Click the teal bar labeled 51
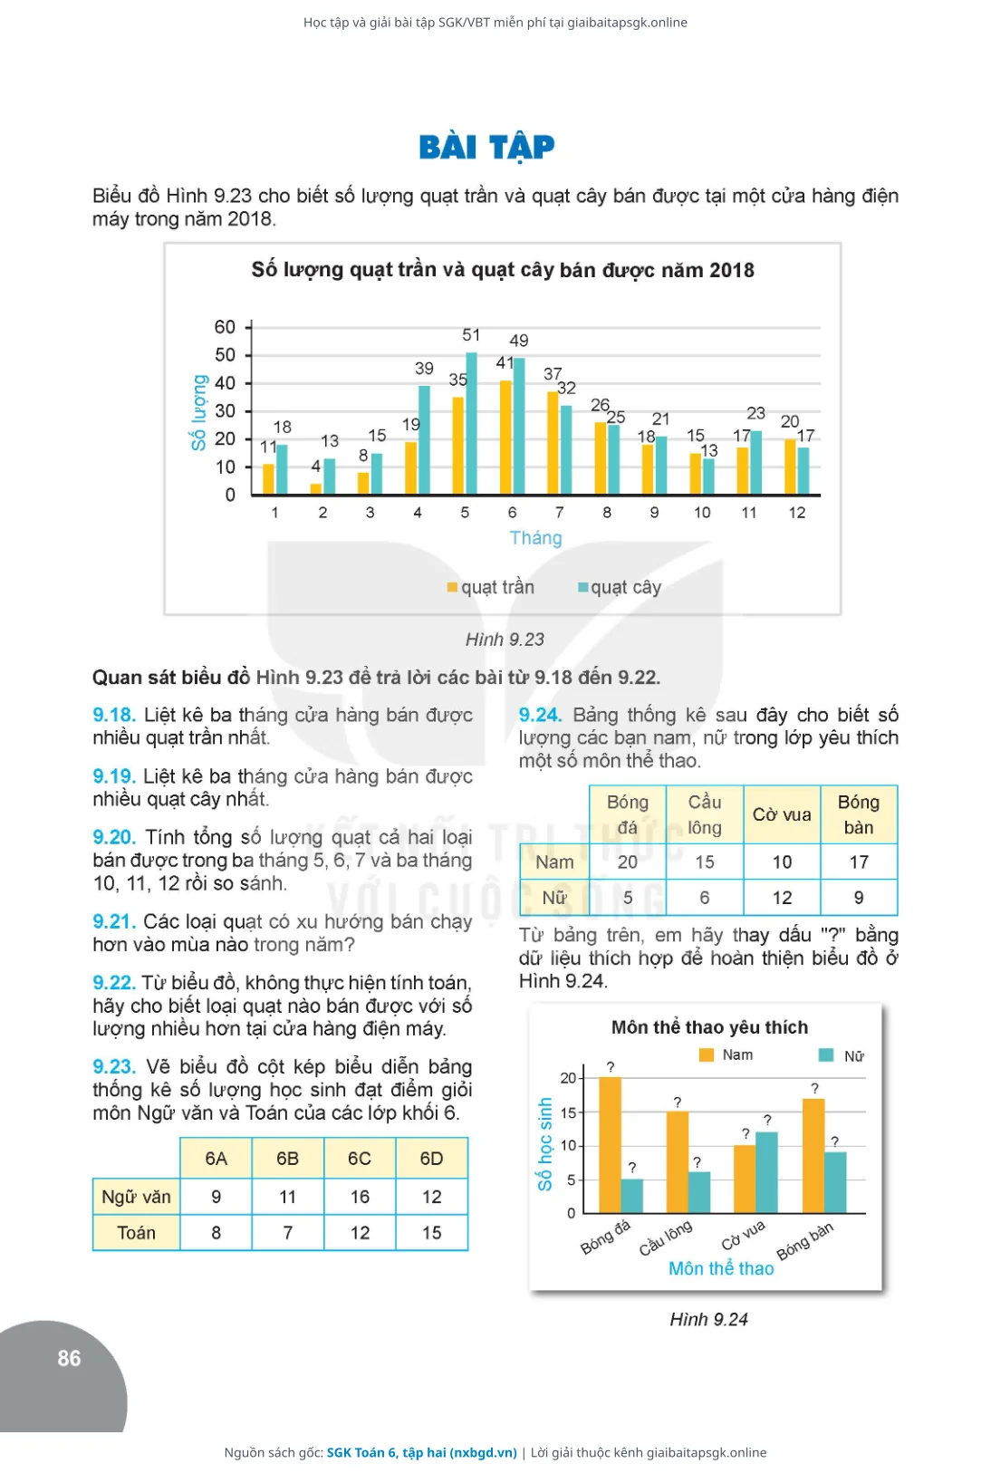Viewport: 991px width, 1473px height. (x=472, y=423)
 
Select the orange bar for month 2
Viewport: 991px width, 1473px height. (x=315, y=488)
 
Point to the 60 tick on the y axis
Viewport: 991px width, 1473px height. (x=225, y=327)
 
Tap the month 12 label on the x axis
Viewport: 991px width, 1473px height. (x=797, y=513)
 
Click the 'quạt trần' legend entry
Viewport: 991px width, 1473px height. (x=491, y=587)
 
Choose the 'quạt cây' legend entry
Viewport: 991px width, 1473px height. (x=620, y=587)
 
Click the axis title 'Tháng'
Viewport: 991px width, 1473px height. (x=536, y=538)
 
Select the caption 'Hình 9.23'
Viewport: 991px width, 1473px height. (x=505, y=640)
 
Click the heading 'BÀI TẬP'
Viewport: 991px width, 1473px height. (x=486, y=147)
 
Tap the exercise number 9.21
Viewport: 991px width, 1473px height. (x=114, y=921)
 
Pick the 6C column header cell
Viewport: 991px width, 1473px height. (x=360, y=1158)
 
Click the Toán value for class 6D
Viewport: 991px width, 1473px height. (x=431, y=1233)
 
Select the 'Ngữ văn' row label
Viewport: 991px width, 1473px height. (x=136, y=1197)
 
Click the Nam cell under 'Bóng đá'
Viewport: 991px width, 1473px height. (x=628, y=862)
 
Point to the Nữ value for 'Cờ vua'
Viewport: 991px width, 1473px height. (x=782, y=898)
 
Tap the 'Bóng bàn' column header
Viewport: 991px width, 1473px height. (x=859, y=814)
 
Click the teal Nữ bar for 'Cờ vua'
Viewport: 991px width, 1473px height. (x=766, y=1172)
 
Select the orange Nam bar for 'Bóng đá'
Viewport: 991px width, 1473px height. (x=610, y=1145)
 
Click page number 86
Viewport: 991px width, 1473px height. (x=69, y=1359)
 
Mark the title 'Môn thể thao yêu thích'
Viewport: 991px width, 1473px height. (x=709, y=1027)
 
